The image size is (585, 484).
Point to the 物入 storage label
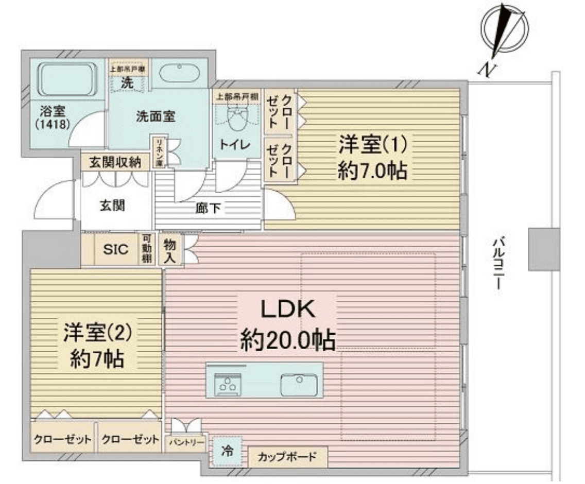(x=169, y=250)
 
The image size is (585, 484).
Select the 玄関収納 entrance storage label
(x=116, y=163)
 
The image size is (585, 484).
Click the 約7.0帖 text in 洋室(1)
(x=372, y=170)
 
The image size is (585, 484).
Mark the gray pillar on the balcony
(x=544, y=250)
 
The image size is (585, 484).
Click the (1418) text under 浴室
(x=50, y=125)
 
